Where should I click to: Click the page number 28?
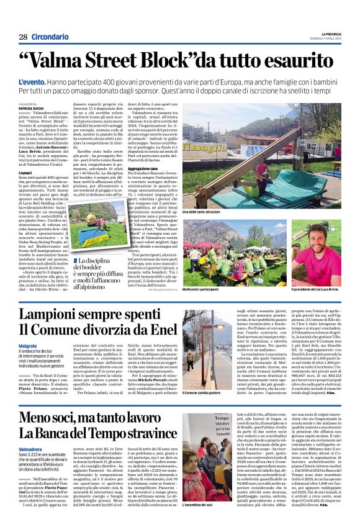tap(23, 37)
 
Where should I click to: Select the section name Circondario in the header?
tap(50, 37)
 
